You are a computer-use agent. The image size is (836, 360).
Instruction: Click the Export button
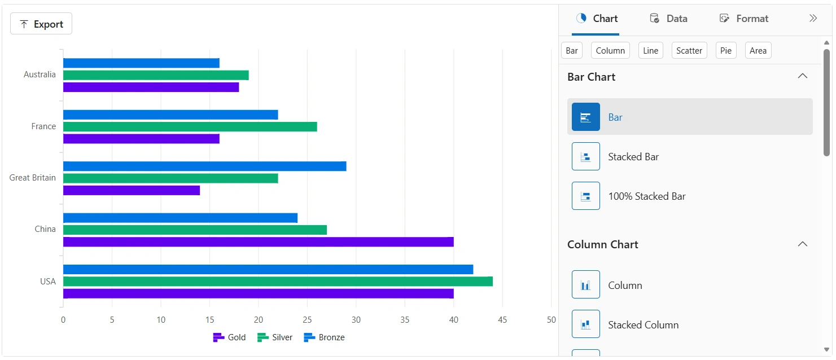click(x=41, y=24)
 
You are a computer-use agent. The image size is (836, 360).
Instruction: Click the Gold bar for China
click(x=258, y=242)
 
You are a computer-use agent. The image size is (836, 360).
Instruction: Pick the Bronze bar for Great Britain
click(x=204, y=166)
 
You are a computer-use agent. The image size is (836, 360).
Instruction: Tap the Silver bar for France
click(x=190, y=126)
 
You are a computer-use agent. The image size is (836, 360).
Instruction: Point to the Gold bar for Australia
click(x=151, y=87)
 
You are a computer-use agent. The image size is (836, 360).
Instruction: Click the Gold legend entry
click(x=229, y=337)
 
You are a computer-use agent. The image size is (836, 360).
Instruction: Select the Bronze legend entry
click(x=324, y=337)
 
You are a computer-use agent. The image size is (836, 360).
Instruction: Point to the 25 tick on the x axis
click(x=307, y=320)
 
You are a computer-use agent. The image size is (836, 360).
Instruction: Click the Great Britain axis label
click(x=33, y=177)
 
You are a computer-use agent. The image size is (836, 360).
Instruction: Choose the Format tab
click(x=744, y=19)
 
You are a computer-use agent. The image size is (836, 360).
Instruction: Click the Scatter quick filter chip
click(x=689, y=50)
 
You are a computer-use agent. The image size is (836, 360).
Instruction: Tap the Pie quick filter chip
click(x=726, y=50)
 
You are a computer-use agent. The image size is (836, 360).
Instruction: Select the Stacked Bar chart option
click(x=633, y=156)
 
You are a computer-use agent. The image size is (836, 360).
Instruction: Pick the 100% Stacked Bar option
click(x=646, y=196)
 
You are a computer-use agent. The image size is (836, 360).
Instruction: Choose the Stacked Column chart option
click(x=643, y=324)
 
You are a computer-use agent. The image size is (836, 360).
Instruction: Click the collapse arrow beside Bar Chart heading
click(x=802, y=76)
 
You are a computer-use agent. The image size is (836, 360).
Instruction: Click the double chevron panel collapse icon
click(x=813, y=18)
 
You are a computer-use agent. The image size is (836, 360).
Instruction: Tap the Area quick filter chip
click(x=758, y=50)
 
